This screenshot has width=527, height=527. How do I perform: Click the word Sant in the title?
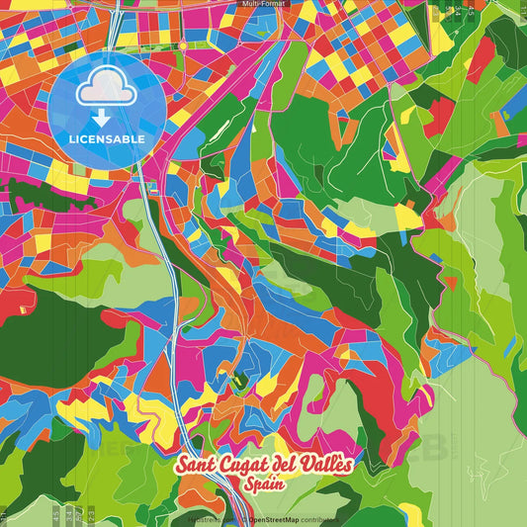coord(197,466)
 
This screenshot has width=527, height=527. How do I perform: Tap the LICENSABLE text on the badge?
coord(107,139)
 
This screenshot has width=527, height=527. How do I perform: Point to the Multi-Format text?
coord(263,4)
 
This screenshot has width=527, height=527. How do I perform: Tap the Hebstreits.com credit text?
coord(208,517)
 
